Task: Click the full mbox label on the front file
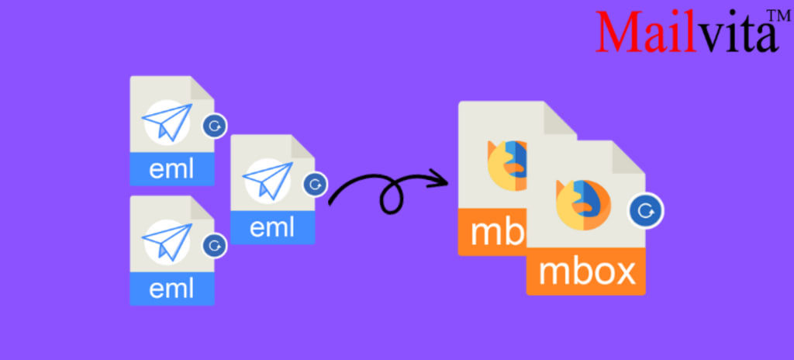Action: [586, 272]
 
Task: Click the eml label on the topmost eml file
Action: [172, 168]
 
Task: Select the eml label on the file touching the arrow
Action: [273, 228]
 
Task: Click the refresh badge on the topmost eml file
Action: [214, 125]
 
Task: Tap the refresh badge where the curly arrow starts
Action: [315, 185]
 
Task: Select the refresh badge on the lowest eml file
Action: [214, 245]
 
